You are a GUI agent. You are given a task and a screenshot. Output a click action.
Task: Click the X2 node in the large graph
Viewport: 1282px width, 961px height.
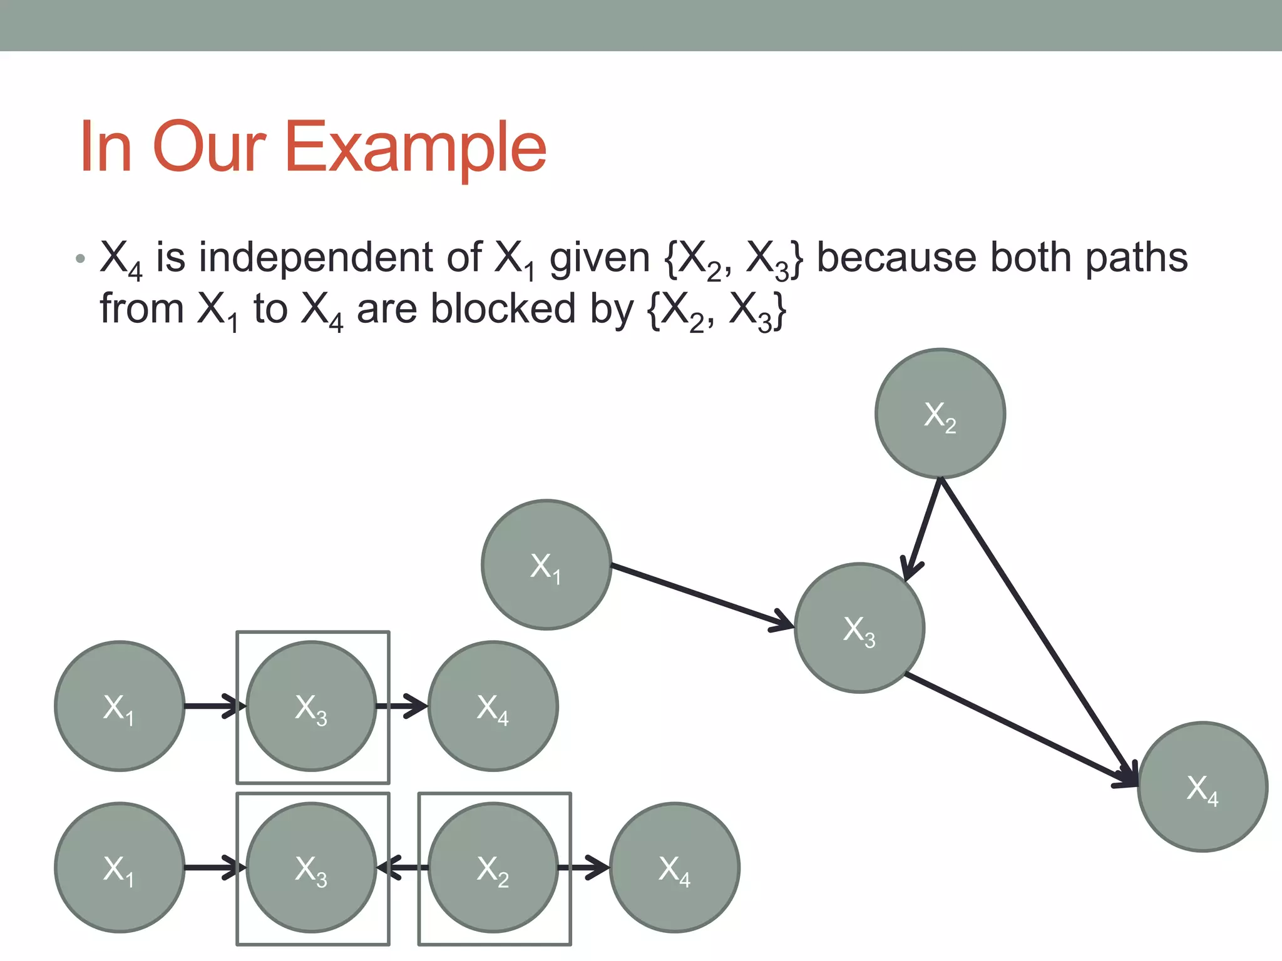click(x=940, y=414)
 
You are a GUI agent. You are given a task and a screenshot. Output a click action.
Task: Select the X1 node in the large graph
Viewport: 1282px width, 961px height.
click(x=546, y=564)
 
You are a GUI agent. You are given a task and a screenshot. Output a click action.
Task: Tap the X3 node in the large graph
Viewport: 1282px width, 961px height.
click(x=859, y=628)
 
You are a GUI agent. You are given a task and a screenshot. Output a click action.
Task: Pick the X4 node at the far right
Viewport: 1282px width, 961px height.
click(x=1203, y=787)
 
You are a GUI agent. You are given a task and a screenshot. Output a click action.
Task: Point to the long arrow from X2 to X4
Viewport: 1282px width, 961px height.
click(x=1039, y=632)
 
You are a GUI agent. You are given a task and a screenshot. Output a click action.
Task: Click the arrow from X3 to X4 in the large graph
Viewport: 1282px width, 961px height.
click(x=1020, y=729)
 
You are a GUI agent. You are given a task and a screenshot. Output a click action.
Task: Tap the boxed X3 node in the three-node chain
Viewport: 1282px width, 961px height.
click(x=311, y=706)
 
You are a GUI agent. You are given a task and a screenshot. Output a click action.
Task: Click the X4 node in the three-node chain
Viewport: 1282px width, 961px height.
click(x=493, y=706)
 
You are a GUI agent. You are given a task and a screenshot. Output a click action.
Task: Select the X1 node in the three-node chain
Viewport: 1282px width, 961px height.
click(x=119, y=706)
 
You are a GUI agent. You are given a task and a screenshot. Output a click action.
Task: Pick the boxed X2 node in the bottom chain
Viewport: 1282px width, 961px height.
click(x=493, y=868)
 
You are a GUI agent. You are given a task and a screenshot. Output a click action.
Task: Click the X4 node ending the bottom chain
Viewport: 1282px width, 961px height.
click(x=674, y=868)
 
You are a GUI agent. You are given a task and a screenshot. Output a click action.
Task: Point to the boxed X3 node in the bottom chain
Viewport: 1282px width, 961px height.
click(x=311, y=868)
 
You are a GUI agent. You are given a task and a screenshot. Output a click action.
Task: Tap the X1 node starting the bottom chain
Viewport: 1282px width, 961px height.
click(x=119, y=868)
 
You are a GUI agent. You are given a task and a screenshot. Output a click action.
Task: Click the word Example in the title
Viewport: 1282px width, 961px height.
click(x=416, y=148)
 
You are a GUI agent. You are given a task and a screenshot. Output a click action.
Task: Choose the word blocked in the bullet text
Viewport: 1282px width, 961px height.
click(x=503, y=309)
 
